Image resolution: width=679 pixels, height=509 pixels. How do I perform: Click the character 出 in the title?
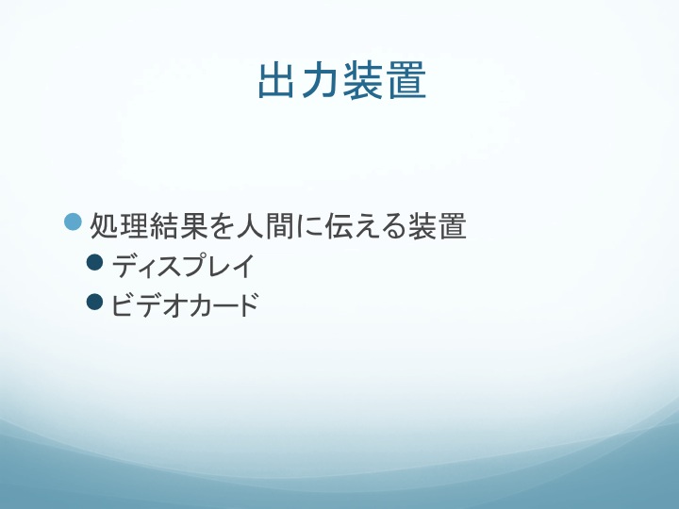click(x=276, y=80)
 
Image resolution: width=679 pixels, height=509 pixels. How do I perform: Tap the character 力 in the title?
click(x=320, y=80)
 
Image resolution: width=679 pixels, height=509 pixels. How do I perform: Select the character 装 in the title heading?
click(x=363, y=80)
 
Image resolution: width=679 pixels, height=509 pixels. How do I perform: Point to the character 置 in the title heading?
click(x=406, y=80)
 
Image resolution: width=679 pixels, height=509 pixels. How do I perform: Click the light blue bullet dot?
click(x=73, y=222)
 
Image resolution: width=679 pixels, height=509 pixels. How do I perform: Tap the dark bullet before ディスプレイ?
click(x=95, y=262)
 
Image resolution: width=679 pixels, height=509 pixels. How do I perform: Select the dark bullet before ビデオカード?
click(x=95, y=303)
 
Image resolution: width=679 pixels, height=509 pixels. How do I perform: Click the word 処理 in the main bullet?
click(x=119, y=225)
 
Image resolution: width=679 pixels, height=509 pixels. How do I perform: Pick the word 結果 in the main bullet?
click(x=178, y=225)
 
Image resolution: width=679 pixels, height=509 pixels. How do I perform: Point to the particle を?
click(x=223, y=226)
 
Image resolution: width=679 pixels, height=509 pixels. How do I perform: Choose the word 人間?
click(x=265, y=225)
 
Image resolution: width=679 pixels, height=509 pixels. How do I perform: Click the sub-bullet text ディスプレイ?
click(x=183, y=266)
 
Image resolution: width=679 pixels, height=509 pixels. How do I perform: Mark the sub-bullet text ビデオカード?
click(x=185, y=305)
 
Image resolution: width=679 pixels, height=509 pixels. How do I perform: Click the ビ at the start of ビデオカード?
click(x=122, y=304)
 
